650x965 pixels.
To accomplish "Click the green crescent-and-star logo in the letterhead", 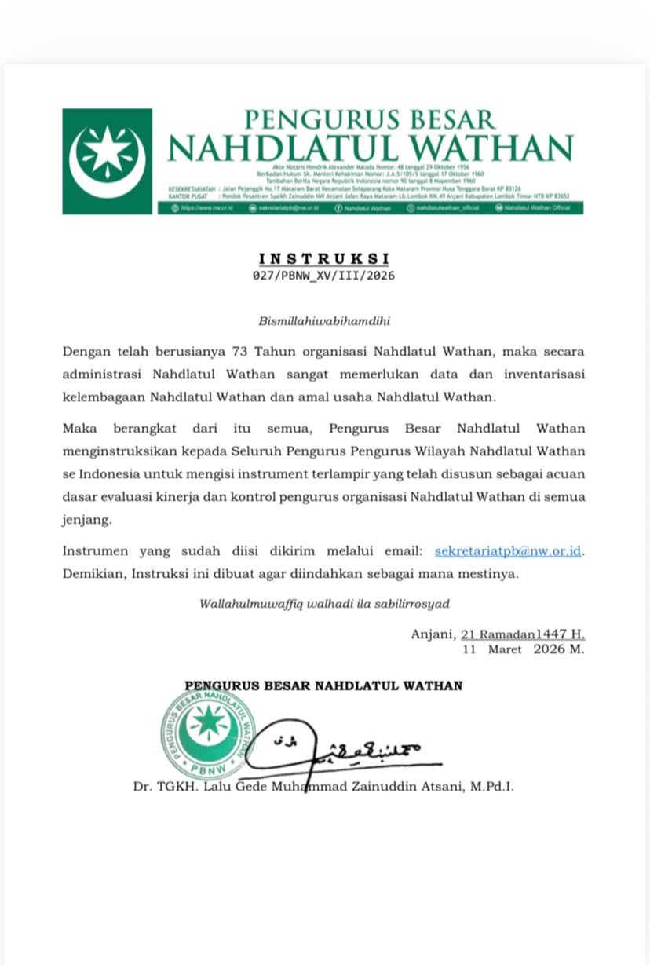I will click(x=108, y=161).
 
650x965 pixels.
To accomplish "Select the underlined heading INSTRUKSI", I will click(x=324, y=258).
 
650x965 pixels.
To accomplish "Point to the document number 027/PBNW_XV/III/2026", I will click(x=323, y=276).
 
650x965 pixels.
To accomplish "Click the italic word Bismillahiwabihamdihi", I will click(x=324, y=321).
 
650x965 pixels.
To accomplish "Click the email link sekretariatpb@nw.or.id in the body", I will click(x=508, y=550).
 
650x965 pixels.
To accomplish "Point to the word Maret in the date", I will click(x=505, y=649).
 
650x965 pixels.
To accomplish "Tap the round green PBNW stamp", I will click(x=208, y=733).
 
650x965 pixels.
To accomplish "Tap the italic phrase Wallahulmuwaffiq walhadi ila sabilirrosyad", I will click(x=324, y=604).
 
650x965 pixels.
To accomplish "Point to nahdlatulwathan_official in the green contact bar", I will click(x=446, y=208).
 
